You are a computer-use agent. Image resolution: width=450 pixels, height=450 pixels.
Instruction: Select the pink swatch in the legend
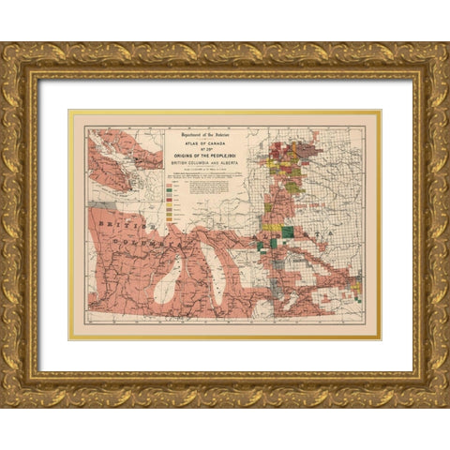[170, 182]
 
